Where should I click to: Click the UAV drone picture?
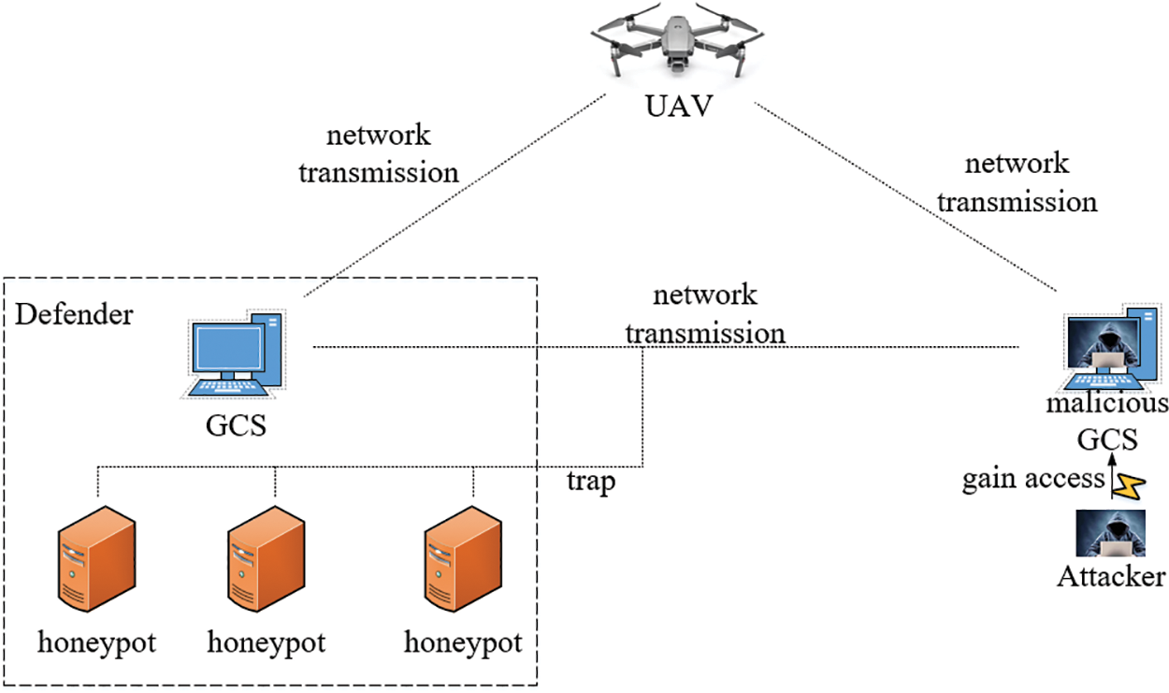pyautogui.click(x=677, y=40)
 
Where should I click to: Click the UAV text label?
pyautogui.click(x=679, y=106)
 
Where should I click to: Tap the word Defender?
pyautogui.click(x=74, y=314)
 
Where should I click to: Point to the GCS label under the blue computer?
pyautogui.click(x=236, y=426)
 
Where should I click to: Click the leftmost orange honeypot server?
pyautogui.click(x=97, y=558)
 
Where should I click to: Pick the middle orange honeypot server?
pyautogui.click(x=267, y=558)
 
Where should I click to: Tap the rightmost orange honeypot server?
pyautogui.click(x=464, y=558)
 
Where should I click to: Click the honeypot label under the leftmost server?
pyautogui.click(x=96, y=642)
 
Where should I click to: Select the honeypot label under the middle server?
pyautogui.click(x=267, y=642)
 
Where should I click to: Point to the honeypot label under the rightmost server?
pyautogui.click(x=463, y=642)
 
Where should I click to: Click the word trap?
pyautogui.click(x=591, y=481)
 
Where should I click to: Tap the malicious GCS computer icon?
pyautogui.click(x=1112, y=347)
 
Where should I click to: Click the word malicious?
pyautogui.click(x=1107, y=403)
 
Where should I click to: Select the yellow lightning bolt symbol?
pyautogui.click(x=1129, y=486)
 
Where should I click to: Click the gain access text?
pyautogui.click(x=1033, y=479)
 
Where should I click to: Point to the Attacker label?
pyautogui.click(x=1111, y=577)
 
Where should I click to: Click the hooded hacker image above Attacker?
pyautogui.click(x=1111, y=533)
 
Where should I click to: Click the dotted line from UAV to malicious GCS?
pyautogui.click(x=905, y=196)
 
